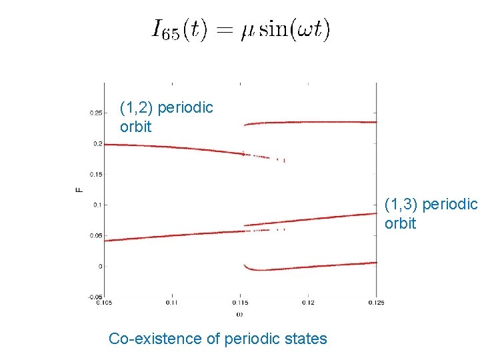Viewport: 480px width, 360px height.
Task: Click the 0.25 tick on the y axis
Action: tap(96, 113)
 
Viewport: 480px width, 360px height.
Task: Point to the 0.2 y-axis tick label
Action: tap(97, 144)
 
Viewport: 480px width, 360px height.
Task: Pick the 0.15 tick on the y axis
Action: tap(96, 175)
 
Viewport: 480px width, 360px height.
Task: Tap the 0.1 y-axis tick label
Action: tap(97, 205)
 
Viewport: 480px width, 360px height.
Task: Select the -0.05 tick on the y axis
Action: tap(95, 297)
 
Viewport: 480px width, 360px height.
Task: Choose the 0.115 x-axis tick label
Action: tap(240, 303)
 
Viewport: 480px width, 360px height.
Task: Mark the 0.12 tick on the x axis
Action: tap(308, 303)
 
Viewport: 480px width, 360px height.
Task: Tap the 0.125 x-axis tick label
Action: tap(377, 303)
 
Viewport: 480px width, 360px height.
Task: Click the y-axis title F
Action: tap(79, 191)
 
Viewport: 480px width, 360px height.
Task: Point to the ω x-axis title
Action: tap(240, 313)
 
